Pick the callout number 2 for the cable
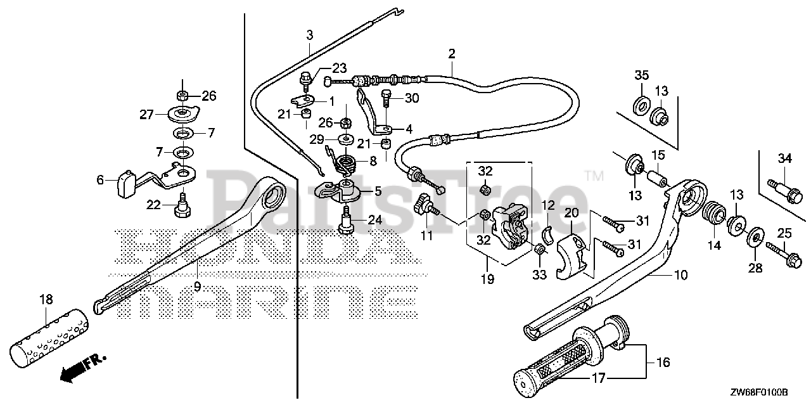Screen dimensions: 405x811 coord(452,55)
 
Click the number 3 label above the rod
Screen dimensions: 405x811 coord(309,35)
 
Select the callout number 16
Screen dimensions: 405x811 coord(662,363)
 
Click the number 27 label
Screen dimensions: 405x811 coord(148,114)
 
